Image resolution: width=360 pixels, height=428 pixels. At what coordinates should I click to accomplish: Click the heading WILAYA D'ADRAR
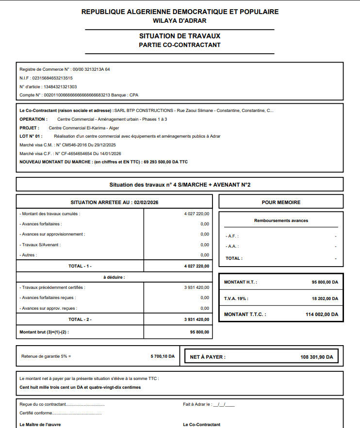tap(180, 20)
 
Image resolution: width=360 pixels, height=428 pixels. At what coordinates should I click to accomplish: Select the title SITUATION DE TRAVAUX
tap(180, 36)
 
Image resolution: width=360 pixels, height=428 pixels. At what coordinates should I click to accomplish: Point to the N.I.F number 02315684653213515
tap(52, 78)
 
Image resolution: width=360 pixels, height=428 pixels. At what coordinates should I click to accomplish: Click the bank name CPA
tap(133, 95)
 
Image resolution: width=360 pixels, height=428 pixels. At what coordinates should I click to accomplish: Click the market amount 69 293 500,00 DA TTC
tap(165, 162)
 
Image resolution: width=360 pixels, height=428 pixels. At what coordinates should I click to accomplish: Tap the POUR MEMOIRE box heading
tap(281, 202)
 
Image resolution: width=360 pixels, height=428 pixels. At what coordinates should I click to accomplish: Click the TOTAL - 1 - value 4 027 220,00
tap(196, 266)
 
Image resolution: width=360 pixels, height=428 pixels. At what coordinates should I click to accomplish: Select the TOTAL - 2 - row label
tap(80, 319)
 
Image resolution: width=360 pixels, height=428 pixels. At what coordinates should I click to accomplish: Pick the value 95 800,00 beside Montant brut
tap(199, 332)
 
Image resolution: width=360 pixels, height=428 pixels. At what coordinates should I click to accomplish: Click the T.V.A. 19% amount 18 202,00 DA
tap(325, 299)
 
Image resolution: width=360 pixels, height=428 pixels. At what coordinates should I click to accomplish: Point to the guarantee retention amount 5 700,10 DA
tap(163, 356)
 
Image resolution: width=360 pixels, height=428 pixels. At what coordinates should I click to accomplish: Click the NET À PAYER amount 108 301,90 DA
tap(316, 357)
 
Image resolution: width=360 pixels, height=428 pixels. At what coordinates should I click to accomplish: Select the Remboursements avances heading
tap(281, 221)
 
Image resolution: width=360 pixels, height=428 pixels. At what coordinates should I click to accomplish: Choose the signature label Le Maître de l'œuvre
tap(40, 425)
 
